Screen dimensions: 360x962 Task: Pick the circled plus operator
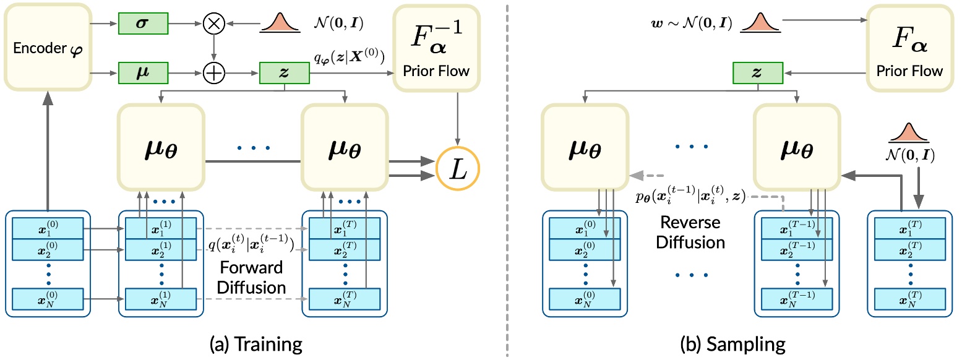(x=213, y=73)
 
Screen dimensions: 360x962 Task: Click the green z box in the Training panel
(x=285, y=73)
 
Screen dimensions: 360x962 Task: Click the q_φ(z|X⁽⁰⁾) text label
(x=349, y=59)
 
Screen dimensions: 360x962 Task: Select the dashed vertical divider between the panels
(x=507, y=179)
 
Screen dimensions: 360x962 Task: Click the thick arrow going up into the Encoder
(x=47, y=155)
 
